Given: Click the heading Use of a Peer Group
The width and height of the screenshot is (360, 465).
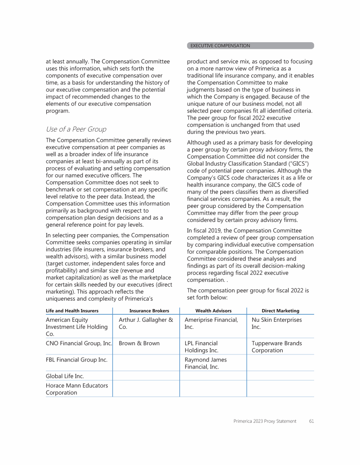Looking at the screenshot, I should [x=76, y=129].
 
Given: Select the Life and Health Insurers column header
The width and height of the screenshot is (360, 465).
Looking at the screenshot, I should [x=72, y=310].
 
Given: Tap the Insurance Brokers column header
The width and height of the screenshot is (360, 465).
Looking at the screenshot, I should [x=149, y=310].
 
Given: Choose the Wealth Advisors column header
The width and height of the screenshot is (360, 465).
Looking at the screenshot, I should [x=213, y=310].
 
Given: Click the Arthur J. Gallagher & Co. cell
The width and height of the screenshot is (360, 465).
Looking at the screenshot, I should [x=146, y=324].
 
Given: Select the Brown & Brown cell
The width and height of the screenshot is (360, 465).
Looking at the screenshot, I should [x=139, y=343].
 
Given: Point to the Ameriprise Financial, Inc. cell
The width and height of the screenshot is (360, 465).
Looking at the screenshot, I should [x=211, y=324].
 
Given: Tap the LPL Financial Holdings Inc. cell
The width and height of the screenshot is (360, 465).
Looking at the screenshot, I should [x=201, y=347].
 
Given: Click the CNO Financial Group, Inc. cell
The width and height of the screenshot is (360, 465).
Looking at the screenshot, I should [x=79, y=343].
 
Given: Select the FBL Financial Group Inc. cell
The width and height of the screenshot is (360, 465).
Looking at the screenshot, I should [x=76, y=360].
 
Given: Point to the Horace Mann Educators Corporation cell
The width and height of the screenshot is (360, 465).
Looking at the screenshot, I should [x=76, y=389].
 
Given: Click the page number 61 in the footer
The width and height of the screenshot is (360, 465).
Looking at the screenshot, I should [x=311, y=421].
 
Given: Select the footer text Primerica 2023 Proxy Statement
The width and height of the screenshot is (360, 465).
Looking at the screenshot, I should [x=265, y=421].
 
